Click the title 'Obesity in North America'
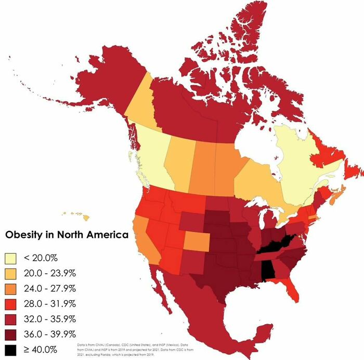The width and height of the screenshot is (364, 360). pyautogui.click(x=67, y=235)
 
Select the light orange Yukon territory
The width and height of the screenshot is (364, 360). pyautogui.click(x=139, y=104)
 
